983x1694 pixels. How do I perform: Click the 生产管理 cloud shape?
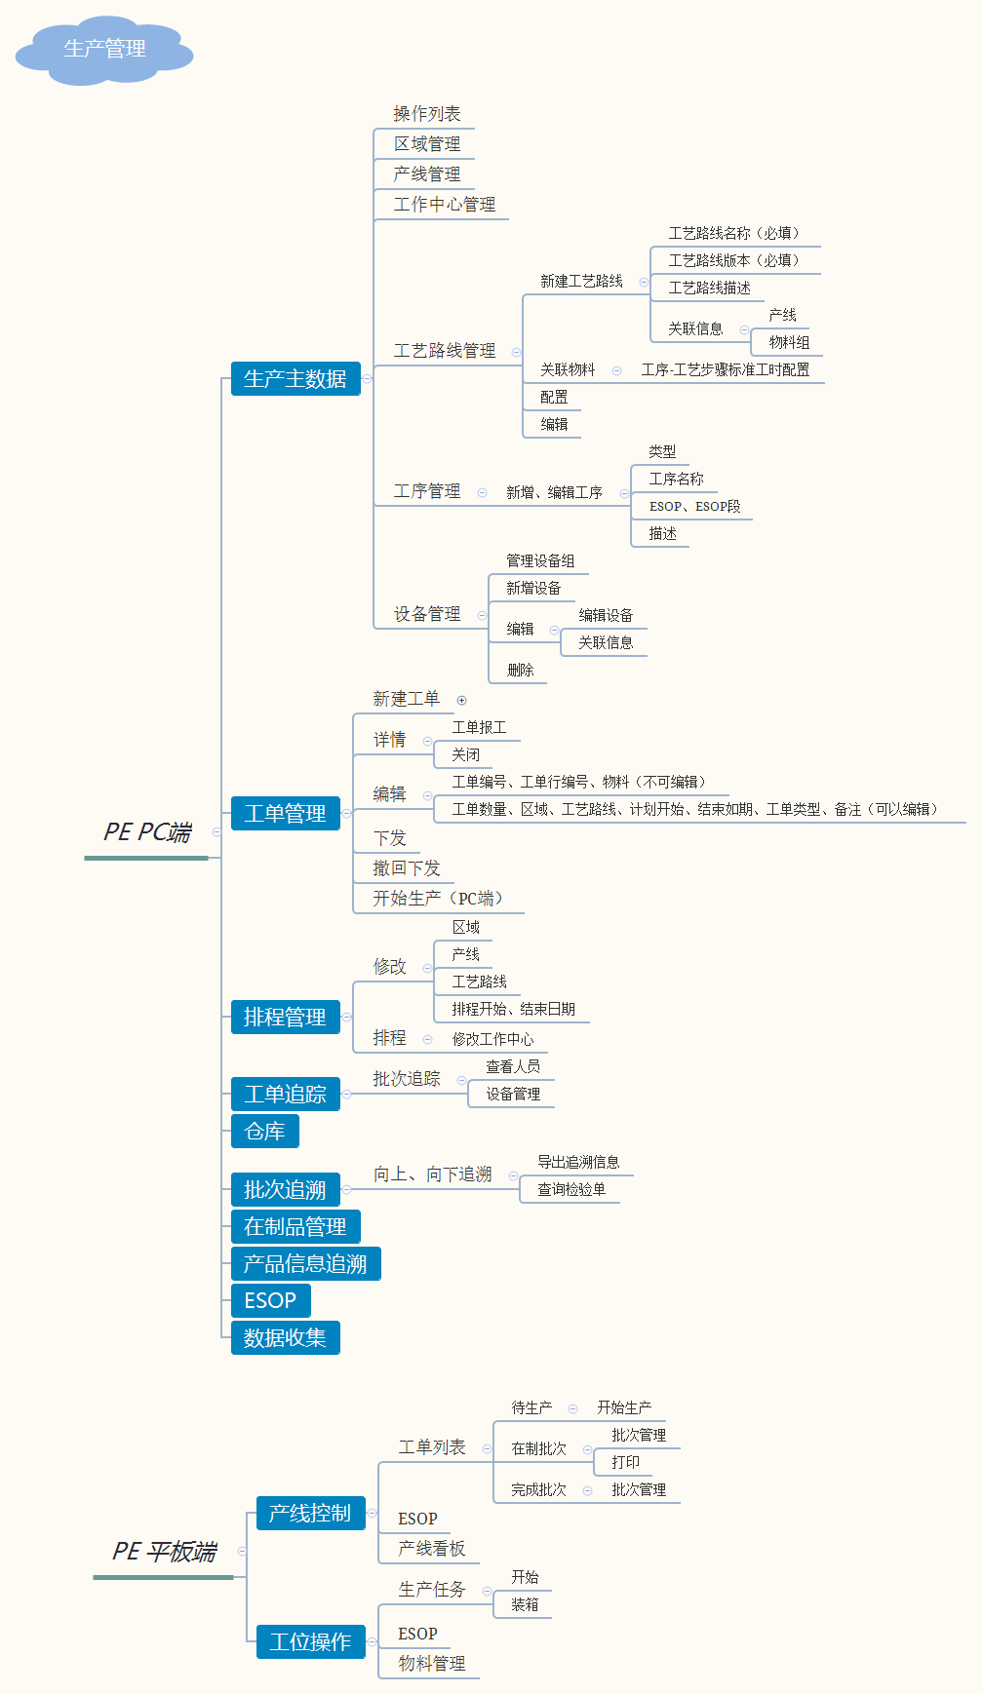[x=104, y=50]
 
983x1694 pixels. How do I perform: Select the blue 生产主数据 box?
[x=295, y=379]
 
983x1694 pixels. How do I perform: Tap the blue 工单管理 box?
[x=285, y=813]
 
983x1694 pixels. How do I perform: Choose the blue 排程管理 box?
[x=285, y=1017]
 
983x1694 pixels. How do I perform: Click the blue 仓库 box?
[x=264, y=1131]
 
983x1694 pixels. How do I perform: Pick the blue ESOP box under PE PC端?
[x=270, y=1300]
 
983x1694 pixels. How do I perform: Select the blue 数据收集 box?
[x=285, y=1337]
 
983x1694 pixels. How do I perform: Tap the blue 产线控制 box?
[x=310, y=1513]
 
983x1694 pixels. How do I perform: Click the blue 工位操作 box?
[x=310, y=1641]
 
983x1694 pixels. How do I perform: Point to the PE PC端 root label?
[x=147, y=832]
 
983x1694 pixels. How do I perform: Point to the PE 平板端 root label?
[x=164, y=1551]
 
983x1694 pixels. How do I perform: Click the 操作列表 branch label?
[x=427, y=114]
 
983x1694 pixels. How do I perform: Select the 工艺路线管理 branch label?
[x=445, y=351]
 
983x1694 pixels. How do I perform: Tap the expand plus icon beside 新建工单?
[x=462, y=700]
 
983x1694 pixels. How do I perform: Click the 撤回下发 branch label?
[x=407, y=868]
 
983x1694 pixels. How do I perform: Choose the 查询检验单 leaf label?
[x=571, y=1189]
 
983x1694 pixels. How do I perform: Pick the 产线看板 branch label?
[x=432, y=1549]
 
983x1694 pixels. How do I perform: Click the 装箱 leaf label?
[x=525, y=1604]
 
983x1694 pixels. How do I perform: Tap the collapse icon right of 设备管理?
[x=482, y=615]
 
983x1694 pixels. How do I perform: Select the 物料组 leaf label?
[x=789, y=342]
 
